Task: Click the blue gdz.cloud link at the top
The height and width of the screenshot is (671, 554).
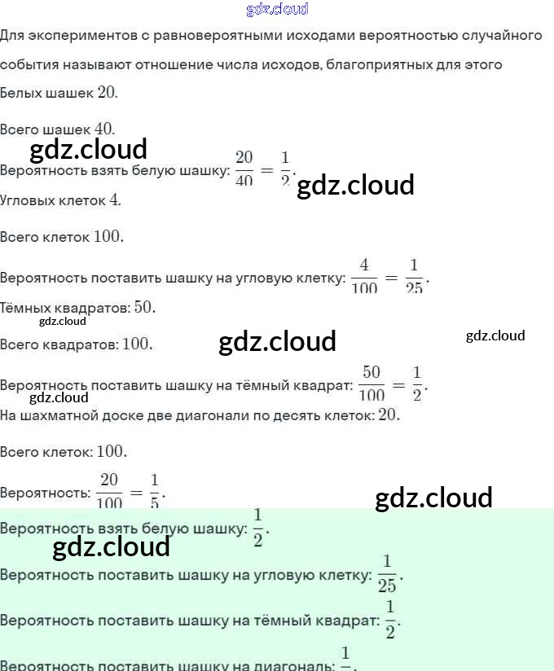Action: point(277,10)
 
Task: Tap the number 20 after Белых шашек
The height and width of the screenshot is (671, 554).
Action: point(107,92)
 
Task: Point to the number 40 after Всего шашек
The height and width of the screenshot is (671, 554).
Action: point(104,129)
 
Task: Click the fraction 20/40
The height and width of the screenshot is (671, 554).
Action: point(244,168)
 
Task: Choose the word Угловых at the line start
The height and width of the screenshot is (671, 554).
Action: point(28,200)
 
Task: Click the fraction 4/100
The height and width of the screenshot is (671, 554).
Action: point(364,276)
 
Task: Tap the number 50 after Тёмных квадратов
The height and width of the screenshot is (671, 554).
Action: point(143,308)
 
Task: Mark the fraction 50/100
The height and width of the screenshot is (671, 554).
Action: point(372,383)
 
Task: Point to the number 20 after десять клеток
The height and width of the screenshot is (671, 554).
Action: point(389,415)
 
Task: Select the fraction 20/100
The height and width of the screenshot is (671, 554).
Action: point(109,490)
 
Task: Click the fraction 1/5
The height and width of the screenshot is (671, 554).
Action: point(155,490)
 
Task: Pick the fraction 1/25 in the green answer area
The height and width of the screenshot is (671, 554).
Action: point(387,573)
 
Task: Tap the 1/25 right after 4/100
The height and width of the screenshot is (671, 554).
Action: point(414,276)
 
